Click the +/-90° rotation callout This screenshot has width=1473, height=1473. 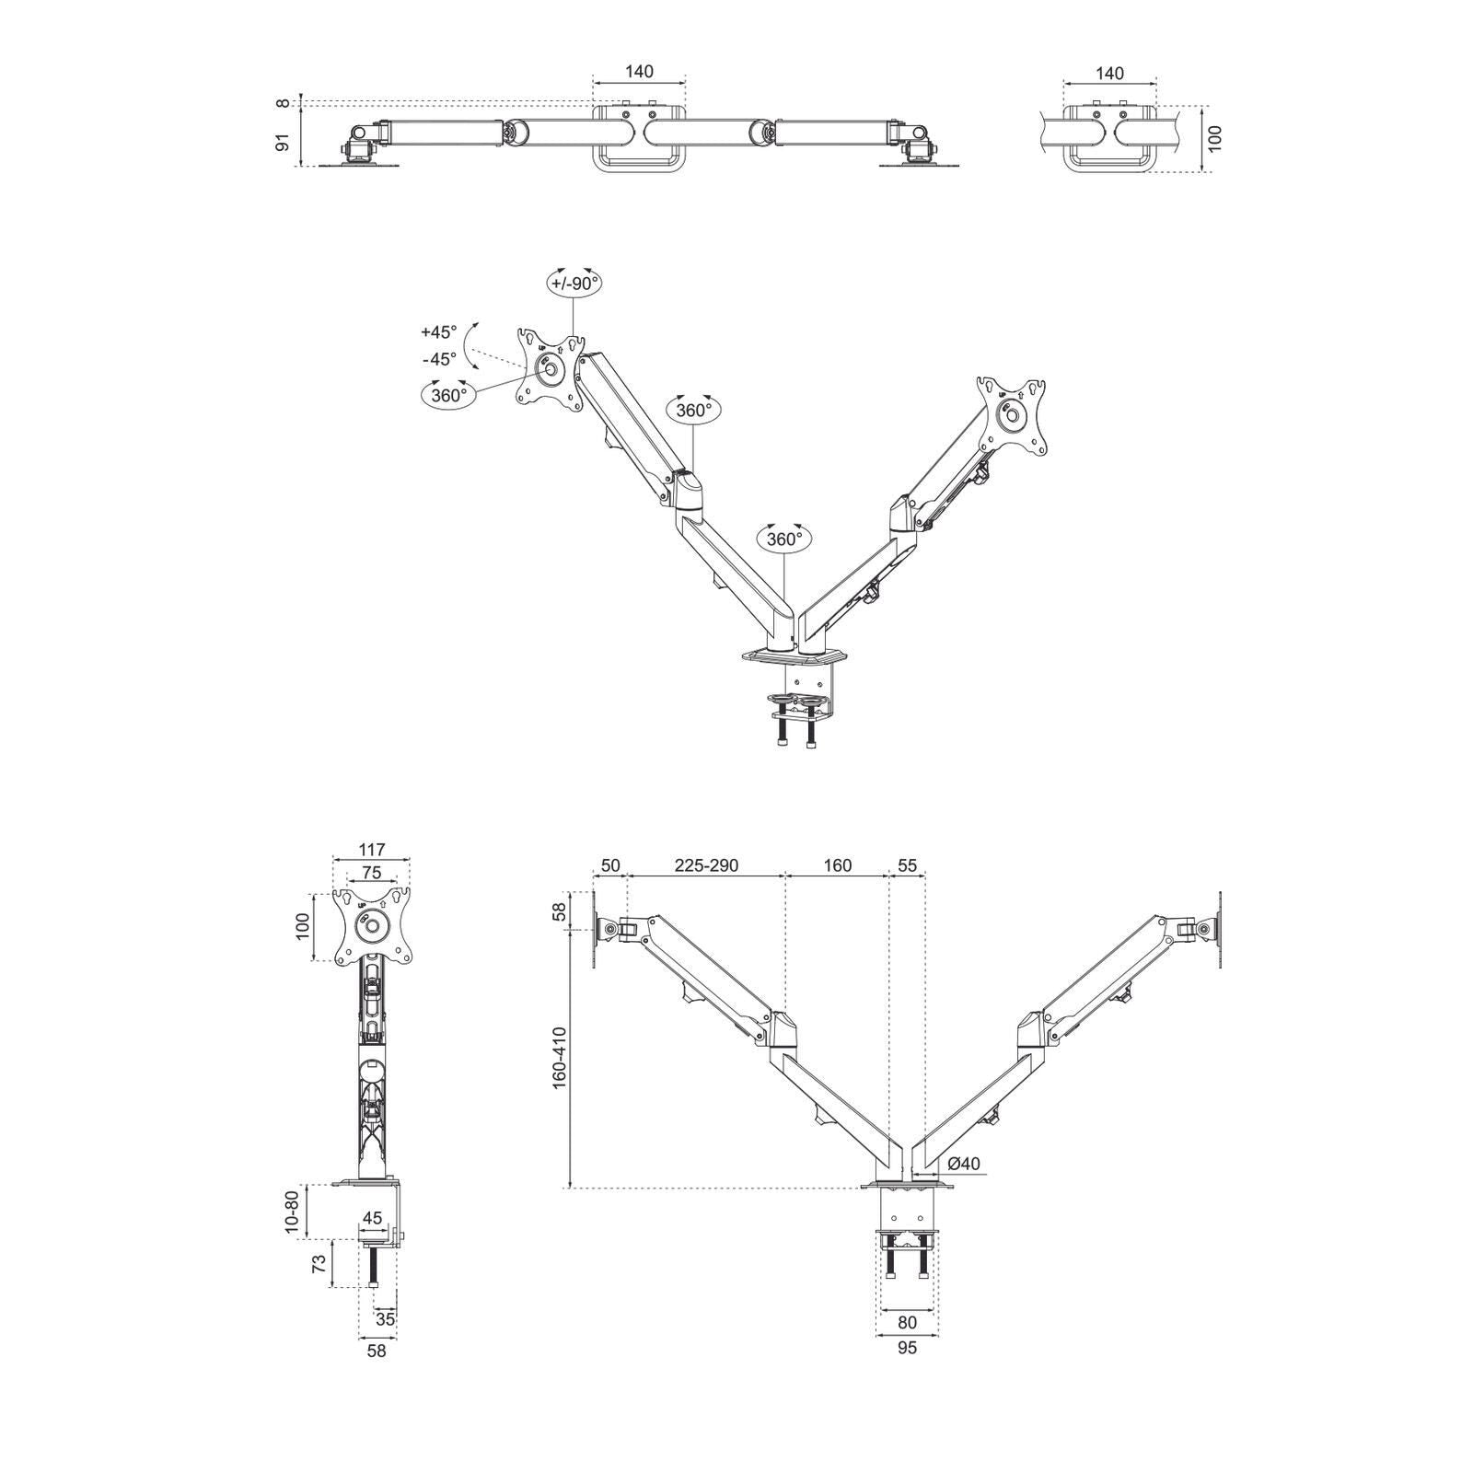click(574, 284)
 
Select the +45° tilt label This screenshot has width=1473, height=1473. click(438, 332)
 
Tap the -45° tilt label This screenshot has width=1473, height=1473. click(439, 359)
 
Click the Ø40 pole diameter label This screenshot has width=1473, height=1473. click(963, 1164)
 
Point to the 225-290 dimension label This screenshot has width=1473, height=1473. click(706, 866)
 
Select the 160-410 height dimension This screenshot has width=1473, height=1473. click(560, 1059)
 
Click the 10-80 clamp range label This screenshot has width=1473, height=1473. click(292, 1212)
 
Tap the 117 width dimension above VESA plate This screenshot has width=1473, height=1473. click(371, 850)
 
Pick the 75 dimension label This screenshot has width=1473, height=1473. click(371, 873)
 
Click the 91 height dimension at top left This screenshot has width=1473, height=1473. click(284, 142)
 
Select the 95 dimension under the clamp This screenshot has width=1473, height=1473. click(907, 1349)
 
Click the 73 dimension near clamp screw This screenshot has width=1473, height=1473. click(319, 1263)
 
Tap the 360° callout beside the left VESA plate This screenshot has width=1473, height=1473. click(449, 396)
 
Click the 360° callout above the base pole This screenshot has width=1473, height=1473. click(784, 539)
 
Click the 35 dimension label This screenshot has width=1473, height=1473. click(386, 1319)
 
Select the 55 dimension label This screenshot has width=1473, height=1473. click(907, 866)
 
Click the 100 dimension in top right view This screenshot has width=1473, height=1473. click(1215, 138)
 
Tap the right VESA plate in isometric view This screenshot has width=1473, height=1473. click(1013, 414)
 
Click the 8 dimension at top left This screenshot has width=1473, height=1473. click(284, 104)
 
